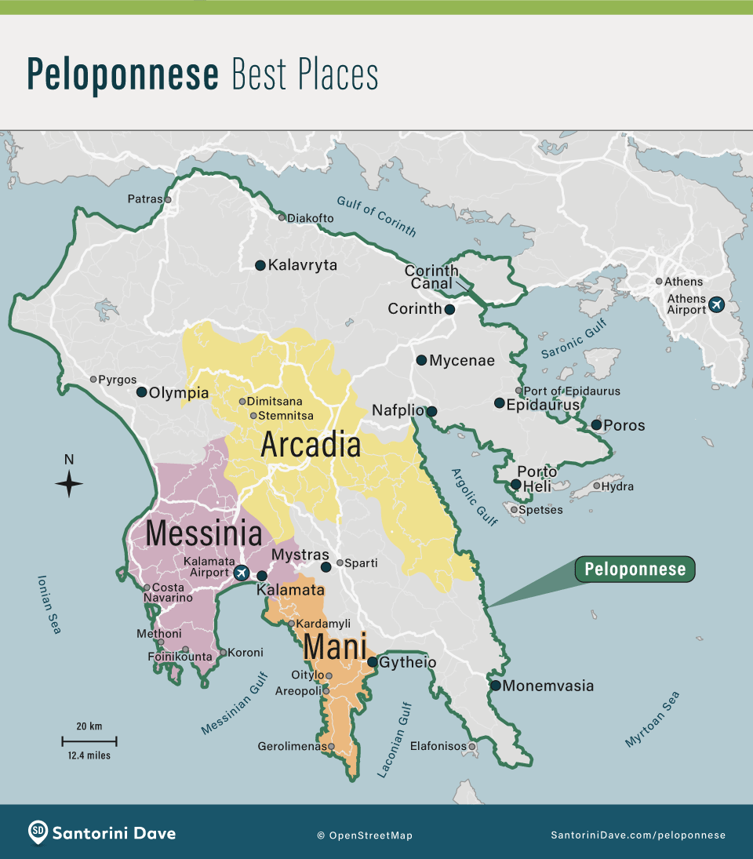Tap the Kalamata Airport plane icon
(x=241, y=573)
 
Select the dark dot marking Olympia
(x=141, y=391)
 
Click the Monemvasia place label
(x=547, y=686)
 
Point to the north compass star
(x=69, y=483)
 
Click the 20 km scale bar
(x=89, y=740)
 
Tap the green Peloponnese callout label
(x=635, y=570)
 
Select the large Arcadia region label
(x=311, y=445)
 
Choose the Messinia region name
(x=204, y=533)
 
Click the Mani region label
(x=335, y=647)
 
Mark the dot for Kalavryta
(x=260, y=265)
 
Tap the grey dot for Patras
(x=167, y=199)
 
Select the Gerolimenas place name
(x=292, y=746)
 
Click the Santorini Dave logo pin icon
(x=38, y=832)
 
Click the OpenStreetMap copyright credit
(x=365, y=835)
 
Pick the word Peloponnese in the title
(x=123, y=74)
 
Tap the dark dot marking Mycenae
(x=421, y=360)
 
